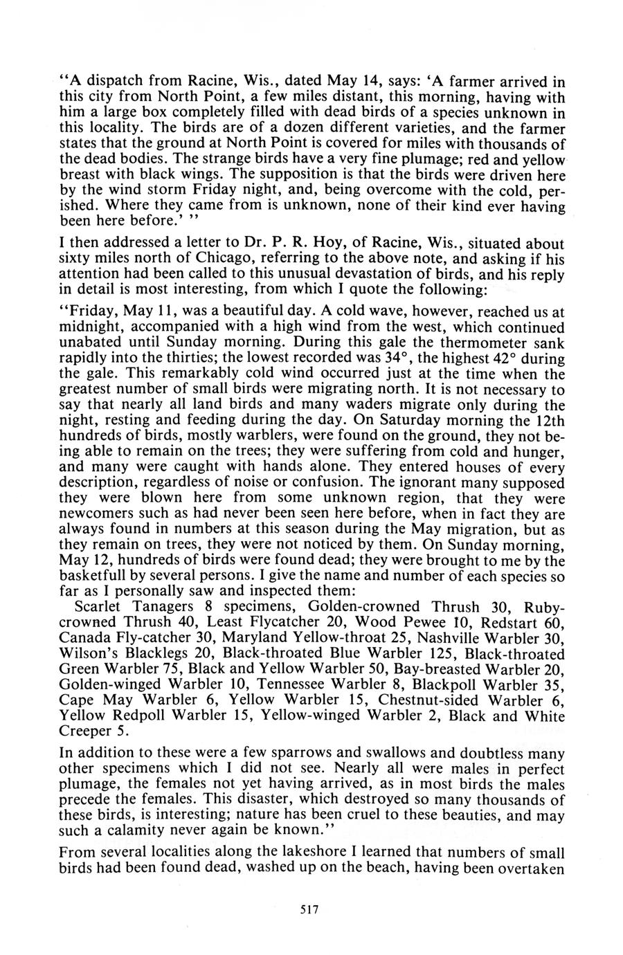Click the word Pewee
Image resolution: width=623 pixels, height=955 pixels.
point(422,621)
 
